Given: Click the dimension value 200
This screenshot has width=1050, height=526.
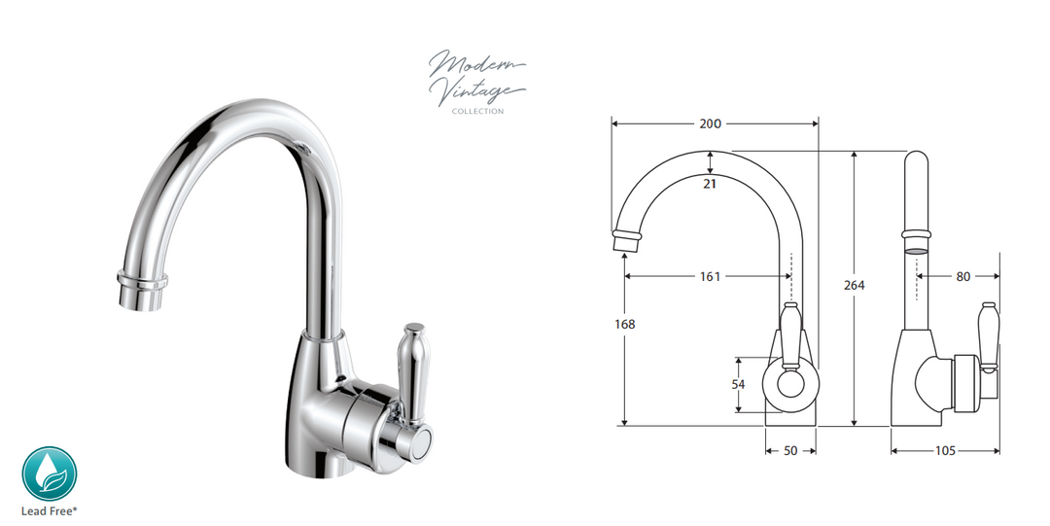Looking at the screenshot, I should tap(711, 123).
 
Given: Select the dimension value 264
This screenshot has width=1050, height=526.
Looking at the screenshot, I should tap(855, 285).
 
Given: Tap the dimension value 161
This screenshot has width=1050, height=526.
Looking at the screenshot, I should tap(710, 276).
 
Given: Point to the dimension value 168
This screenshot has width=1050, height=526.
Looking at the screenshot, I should tap(625, 324).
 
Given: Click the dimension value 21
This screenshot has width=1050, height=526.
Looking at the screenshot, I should tap(710, 184).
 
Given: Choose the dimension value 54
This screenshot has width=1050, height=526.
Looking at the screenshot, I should tap(738, 384).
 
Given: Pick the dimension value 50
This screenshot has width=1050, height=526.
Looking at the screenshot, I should tap(789, 451).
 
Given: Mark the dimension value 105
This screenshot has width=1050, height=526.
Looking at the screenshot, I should tap(944, 451).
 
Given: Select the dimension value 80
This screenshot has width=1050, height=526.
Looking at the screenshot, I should tap(962, 276).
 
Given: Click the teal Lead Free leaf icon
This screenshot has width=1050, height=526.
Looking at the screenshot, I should tap(49, 473).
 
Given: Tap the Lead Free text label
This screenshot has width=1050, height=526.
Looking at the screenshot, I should tap(49, 509).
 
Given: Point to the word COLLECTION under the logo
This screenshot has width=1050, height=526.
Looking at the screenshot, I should tap(477, 112).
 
